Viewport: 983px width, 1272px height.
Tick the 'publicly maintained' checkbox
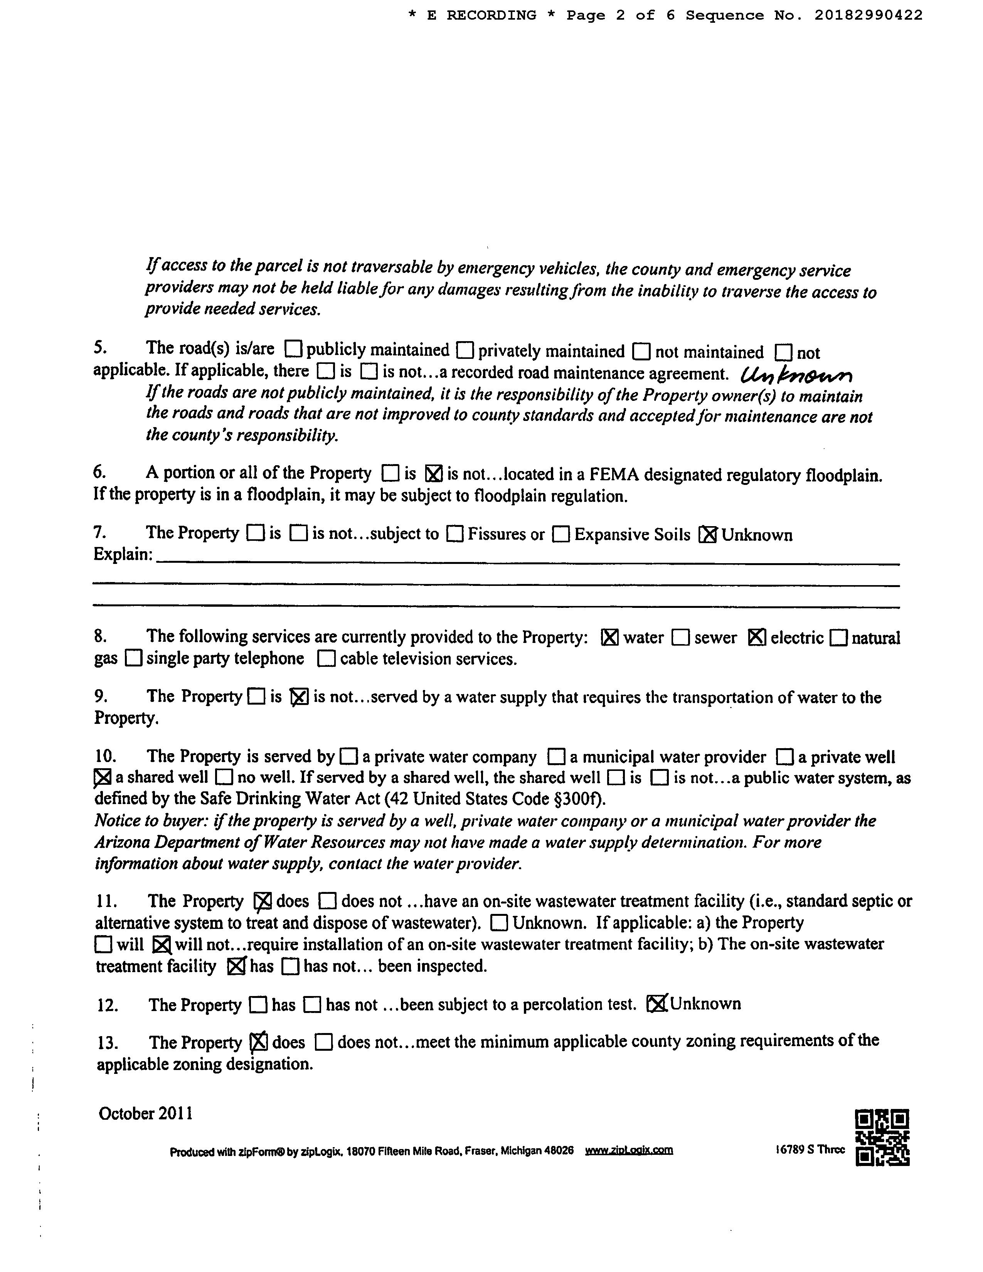(x=293, y=350)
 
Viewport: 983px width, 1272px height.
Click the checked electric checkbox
(x=756, y=638)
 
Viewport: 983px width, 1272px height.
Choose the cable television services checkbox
(x=327, y=659)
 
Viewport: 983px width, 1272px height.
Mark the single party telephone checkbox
(x=134, y=659)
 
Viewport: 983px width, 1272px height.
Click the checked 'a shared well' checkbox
(x=103, y=777)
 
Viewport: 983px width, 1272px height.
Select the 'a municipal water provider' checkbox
(x=557, y=757)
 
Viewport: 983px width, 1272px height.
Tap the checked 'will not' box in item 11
(x=161, y=944)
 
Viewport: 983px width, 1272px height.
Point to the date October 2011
(x=146, y=1114)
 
